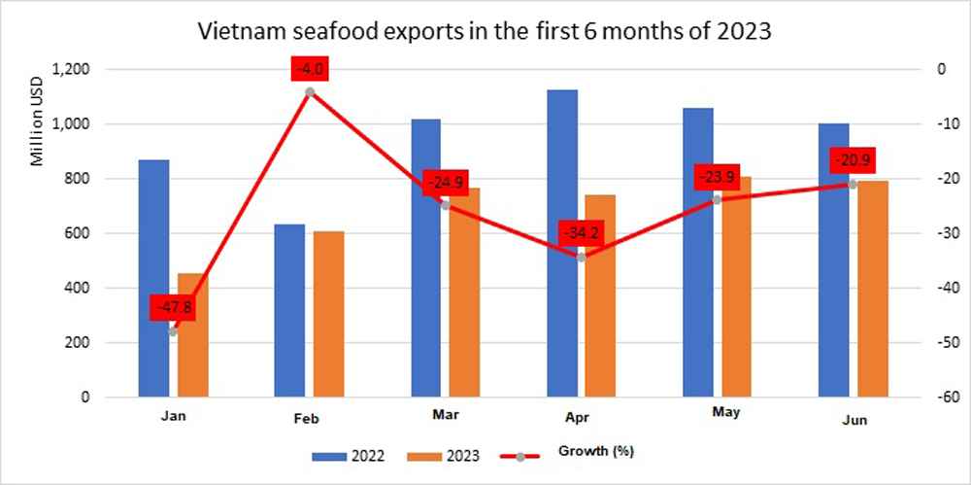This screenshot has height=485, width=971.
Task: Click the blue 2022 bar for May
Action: click(698, 253)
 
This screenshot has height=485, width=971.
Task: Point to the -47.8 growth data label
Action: click(173, 307)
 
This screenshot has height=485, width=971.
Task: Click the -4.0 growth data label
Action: click(309, 69)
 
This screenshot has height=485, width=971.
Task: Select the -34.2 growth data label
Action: click(581, 234)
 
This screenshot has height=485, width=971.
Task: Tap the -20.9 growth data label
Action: click(852, 160)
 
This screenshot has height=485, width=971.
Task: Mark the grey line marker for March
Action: click(445, 205)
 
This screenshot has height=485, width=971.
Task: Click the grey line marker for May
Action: click(717, 199)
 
